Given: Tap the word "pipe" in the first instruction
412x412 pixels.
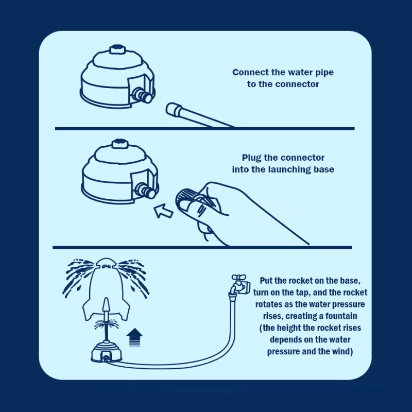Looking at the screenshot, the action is [324, 73].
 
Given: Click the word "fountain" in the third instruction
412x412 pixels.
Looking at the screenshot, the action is [341, 316].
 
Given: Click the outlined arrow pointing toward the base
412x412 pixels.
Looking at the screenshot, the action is [163, 211].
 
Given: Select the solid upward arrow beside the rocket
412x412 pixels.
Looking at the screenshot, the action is [134, 337].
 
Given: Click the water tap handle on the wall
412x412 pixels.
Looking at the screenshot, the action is [238, 278].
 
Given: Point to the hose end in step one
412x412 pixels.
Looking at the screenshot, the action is [174, 109].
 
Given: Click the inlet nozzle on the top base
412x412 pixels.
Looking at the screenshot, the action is [143, 95].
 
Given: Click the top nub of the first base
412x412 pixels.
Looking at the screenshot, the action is [117, 49].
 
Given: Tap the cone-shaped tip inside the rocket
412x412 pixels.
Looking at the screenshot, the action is [106, 304].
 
